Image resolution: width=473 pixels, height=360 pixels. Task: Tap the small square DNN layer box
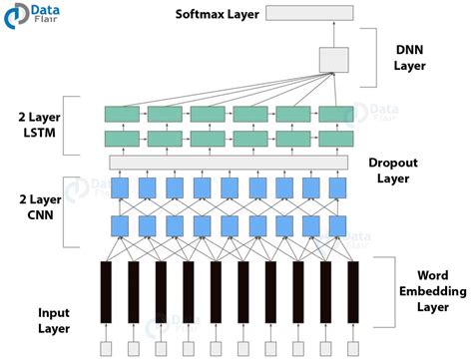pos(333,60)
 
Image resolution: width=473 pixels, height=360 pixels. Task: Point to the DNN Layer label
pos(409,55)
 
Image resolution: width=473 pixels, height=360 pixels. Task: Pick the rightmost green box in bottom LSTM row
pos(336,137)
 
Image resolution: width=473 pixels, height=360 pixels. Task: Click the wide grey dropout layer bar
pos(230,162)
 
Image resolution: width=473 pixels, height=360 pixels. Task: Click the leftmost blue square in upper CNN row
pos(120,188)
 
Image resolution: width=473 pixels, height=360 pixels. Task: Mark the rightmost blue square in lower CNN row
pos(339,225)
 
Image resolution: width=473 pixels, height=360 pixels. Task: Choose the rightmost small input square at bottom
pos(352,347)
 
